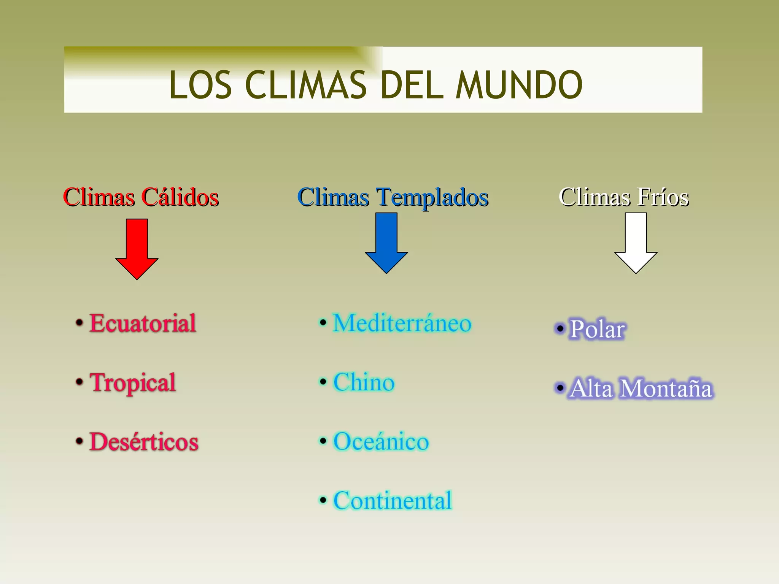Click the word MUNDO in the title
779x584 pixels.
519,85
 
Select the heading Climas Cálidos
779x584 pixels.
141,197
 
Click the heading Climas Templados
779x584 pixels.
393,197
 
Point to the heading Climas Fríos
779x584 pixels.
624,197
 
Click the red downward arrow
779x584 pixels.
137,249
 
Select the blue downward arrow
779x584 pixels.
386,243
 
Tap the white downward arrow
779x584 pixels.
636,243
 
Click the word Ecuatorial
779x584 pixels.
143,323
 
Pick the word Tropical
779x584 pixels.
133,382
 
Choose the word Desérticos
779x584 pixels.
144,442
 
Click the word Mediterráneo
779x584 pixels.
402,323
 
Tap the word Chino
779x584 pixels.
364,382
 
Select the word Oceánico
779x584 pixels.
381,442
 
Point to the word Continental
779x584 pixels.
393,500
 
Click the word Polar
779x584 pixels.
597,329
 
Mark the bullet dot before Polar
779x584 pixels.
560,328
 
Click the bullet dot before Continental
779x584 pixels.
323,500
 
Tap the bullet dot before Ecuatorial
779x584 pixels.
79,323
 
